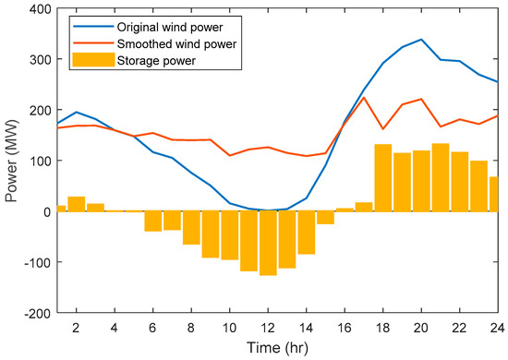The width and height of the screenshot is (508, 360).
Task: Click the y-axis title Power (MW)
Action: coord(12,162)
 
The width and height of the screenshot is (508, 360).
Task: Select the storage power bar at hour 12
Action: coord(268,243)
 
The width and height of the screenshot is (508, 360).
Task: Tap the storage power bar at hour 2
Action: coord(76,204)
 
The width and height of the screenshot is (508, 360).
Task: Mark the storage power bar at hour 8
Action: coord(191,228)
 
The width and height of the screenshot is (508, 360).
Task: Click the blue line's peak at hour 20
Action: coord(421,40)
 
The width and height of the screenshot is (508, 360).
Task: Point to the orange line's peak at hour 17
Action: coord(364,98)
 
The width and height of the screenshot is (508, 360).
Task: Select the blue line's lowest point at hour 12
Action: coord(268,210)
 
